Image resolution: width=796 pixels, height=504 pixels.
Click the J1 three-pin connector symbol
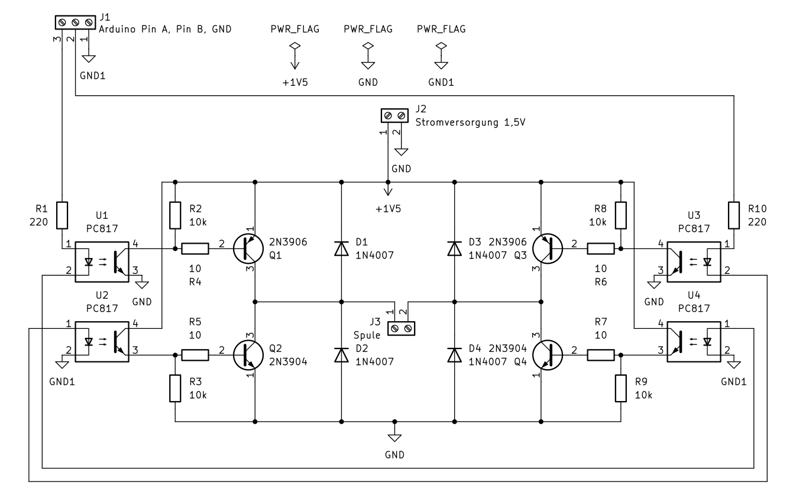tap(75, 22)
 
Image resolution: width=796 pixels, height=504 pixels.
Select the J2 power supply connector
tap(394, 115)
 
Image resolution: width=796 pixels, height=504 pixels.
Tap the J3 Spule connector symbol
tap(401, 328)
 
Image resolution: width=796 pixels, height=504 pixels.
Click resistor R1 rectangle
tap(62, 215)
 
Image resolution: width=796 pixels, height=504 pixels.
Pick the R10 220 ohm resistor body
tap(734, 215)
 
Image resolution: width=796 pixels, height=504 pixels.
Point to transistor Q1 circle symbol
tap(248, 249)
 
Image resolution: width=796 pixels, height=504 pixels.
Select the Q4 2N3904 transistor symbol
tap(548, 355)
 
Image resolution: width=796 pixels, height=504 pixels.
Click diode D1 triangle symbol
tap(341, 248)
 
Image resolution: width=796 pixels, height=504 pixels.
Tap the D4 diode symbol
tap(455, 355)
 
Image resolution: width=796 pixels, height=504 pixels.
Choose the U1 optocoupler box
tap(102, 262)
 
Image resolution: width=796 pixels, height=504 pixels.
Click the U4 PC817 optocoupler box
tap(694, 342)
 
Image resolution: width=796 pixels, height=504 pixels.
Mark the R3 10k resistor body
tap(175, 388)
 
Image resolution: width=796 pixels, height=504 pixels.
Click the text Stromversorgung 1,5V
tap(470, 122)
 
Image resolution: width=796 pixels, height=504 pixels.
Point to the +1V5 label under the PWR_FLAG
tap(295, 83)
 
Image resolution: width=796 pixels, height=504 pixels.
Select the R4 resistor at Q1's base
tap(195, 249)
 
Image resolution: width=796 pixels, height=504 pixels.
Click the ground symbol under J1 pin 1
tap(89, 59)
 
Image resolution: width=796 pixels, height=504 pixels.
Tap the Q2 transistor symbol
tap(248, 355)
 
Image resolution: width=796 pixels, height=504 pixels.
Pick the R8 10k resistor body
tap(621, 215)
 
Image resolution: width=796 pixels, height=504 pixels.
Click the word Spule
tap(367, 335)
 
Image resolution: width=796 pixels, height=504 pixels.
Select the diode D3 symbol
tap(455, 248)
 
